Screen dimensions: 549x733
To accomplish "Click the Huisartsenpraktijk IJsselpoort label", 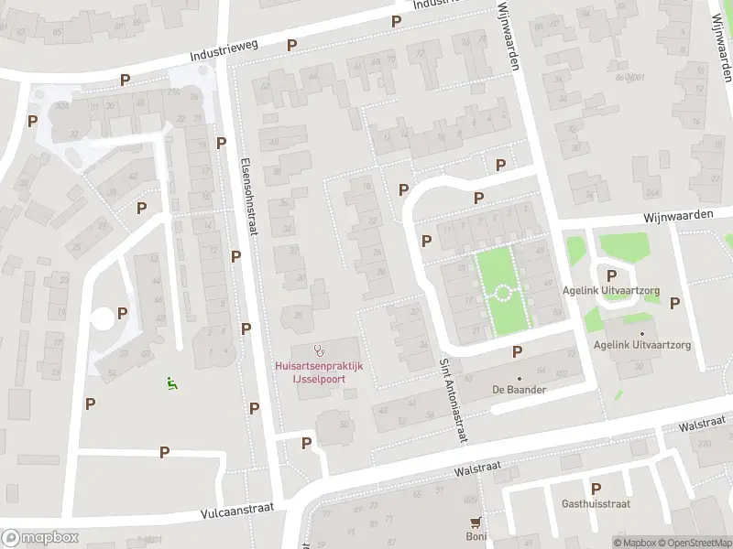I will tap(319, 371).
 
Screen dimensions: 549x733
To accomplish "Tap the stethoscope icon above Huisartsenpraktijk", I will tap(319, 350).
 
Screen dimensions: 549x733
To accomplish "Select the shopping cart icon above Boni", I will tap(475, 522).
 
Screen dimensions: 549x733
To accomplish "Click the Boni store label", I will tap(475, 537).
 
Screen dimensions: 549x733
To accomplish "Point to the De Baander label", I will tap(519, 390).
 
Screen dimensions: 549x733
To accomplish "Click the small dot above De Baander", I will tap(519, 377).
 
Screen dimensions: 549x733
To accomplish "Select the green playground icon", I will tap(171, 383).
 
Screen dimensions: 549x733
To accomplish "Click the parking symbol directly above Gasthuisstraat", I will tap(596, 489).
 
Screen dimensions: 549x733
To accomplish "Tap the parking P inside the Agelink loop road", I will tap(611, 275).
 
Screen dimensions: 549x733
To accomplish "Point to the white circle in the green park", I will tap(502, 294).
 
